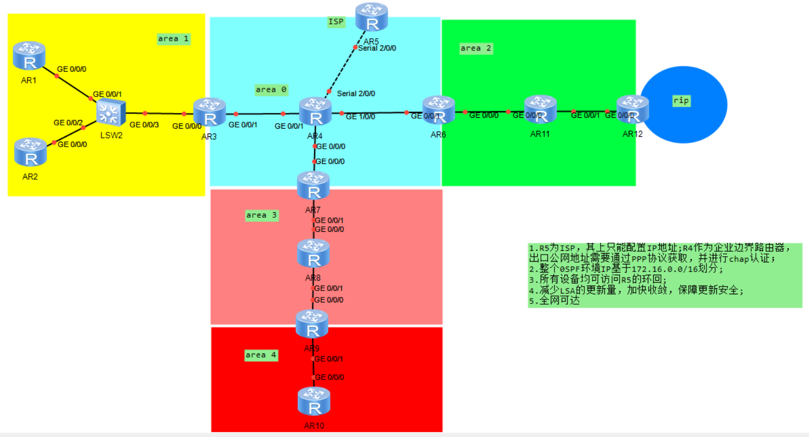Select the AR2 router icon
pyautogui.click(x=30, y=152)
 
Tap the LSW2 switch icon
pyautogui.click(x=111, y=113)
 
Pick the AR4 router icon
pyautogui.click(x=315, y=113)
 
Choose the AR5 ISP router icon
pyautogui.click(x=372, y=17)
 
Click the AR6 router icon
pyautogui.click(x=438, y=111)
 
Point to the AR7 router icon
pyautogui.click(x=313, y=186)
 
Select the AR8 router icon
pyautogui.click(x=313, y=254)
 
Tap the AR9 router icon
pyautogui.click(x=312, y=324)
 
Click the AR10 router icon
pyautogui.click(x=314, y=402)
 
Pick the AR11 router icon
pyautogui.click(x=540, y=110)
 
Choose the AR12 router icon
pyautogui.click(x=633, y=110)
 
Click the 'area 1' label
pyautogui.click(x=173, y=39)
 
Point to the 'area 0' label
pyautogui.click(x=271, y=90)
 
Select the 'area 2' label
pyautogui.click(x=476, y=48)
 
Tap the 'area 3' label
pyautogui.click(x=262, y=216)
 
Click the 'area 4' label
pyautogui.click(x=261, y=355)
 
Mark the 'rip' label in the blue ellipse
pyautogui.click(x=681, y=100)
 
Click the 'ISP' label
pyautogui.click(x=336, y=22)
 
